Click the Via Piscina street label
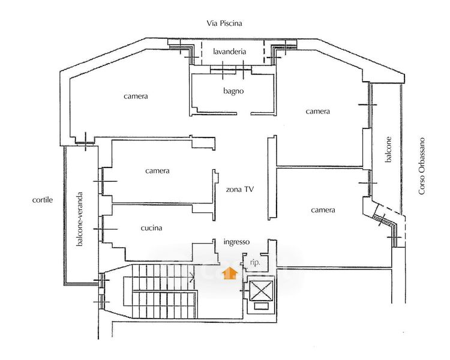[224, 23]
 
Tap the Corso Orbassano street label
[421, 167]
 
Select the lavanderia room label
[229, 52]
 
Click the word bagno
[233, 91]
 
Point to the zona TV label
[239, 190]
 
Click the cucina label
[151, 228]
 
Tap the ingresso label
[236, 242]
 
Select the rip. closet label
[255, 262]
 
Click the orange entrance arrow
[230, 273]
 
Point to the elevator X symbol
[261, 290]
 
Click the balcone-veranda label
[80, 219]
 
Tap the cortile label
[43, 200]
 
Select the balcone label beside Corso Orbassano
[388, 149]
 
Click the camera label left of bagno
[136, 96]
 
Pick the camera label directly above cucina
[157, 171]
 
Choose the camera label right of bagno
[317, 112]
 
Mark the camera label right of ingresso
[323, 210]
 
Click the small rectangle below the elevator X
[262, 307]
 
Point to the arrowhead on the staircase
[192, 277]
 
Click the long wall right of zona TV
[272, 178]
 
